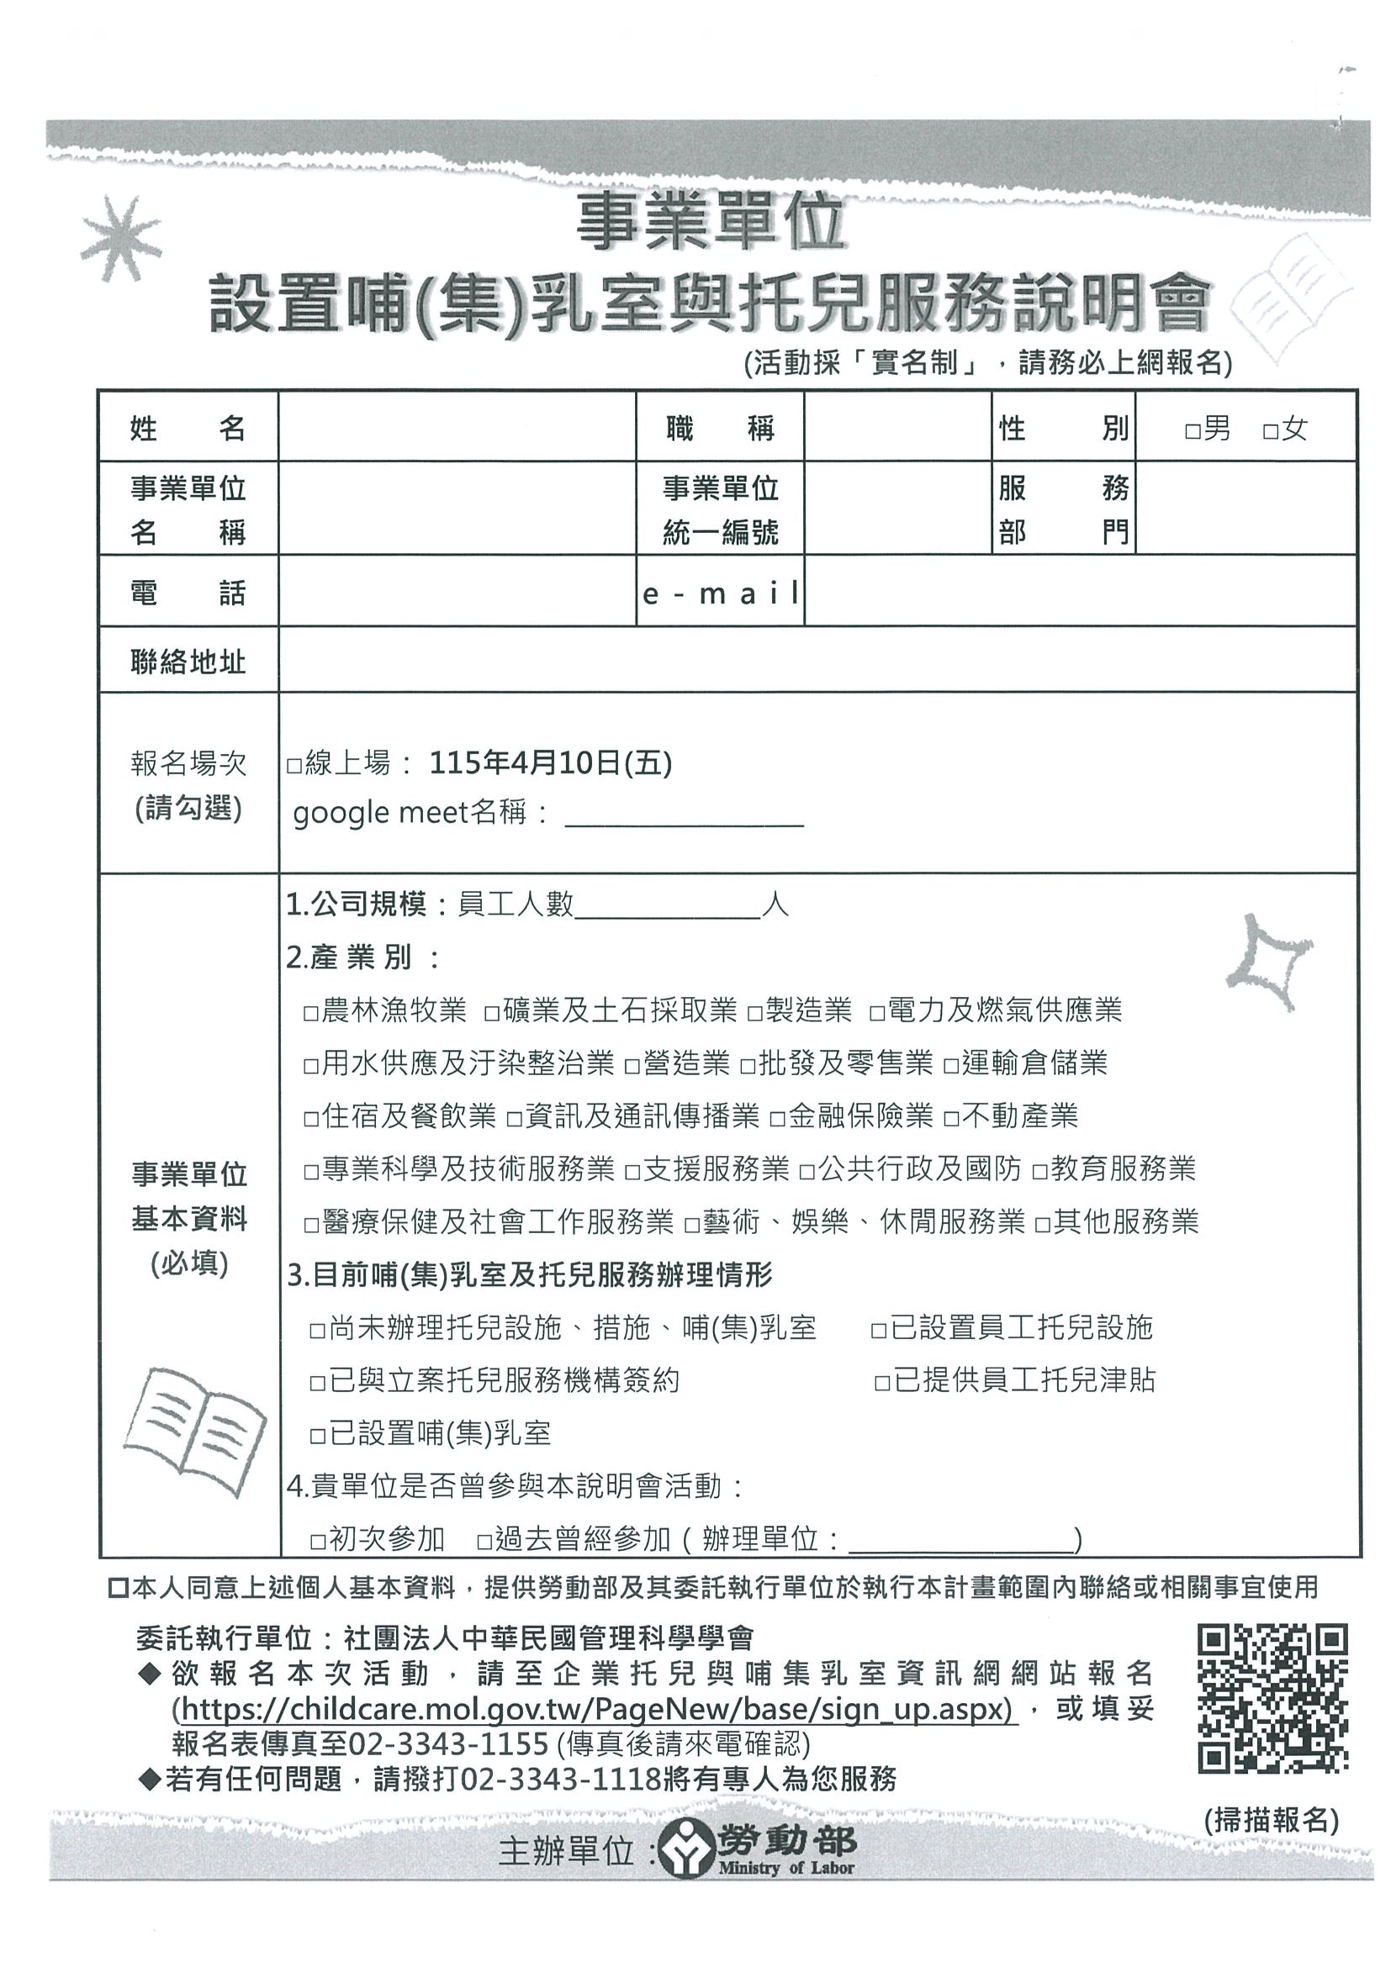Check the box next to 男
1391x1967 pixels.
(1193, 431)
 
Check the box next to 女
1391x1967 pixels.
(1270, 431)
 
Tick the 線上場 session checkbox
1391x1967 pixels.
(294, 765)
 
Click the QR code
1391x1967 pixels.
(1272, 1698)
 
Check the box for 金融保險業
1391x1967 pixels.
(777, 1119)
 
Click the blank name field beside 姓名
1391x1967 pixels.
(456, 427)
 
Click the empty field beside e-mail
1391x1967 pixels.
(1080, 591)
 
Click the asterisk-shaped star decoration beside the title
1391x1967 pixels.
(121, 239)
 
